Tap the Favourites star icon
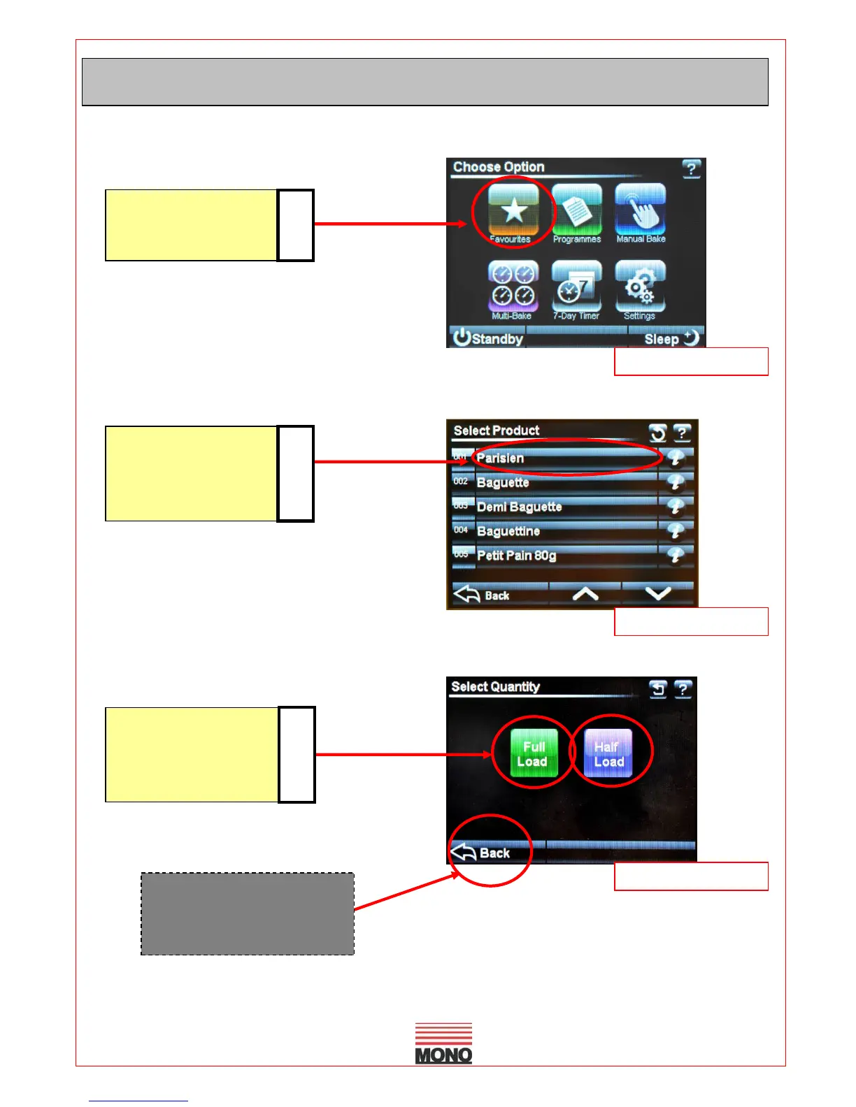pos(513,210)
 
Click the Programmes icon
pos(576,210)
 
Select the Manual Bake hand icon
pos(640,210)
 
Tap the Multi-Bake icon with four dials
pos(513,287)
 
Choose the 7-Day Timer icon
pos(576,287)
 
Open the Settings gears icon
pos(640,287)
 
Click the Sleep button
pos(670,338)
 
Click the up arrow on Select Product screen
pos(585,594)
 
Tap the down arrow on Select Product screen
pos(658,594)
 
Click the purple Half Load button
pos(608,753)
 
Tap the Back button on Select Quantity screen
pos(482,853)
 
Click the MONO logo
pos(443,1043)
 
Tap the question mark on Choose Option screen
pos(691,168)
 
